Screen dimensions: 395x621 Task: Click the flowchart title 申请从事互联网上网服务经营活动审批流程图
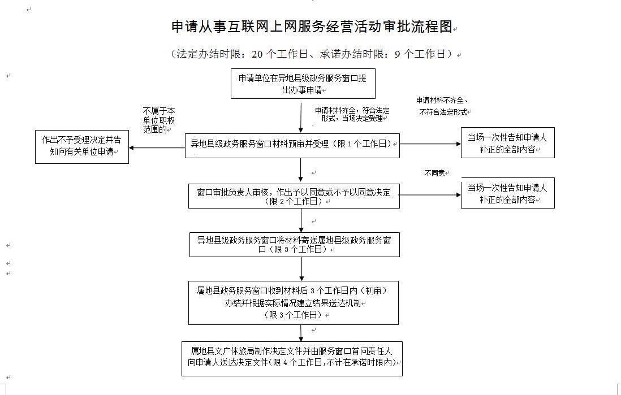[313, 27]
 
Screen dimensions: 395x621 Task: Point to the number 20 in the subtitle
[257, 54]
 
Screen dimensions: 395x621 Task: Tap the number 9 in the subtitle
[397, 54]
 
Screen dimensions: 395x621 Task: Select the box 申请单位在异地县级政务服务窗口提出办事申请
[302, 84]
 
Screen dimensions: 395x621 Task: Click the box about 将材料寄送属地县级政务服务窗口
[294, 244]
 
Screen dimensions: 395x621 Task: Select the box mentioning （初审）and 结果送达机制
[294, 302]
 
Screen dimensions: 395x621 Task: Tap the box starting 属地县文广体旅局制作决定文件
[292, 358]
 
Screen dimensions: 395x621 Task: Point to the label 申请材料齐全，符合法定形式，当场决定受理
[352, 114]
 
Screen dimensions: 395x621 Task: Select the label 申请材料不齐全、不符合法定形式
[444, 106]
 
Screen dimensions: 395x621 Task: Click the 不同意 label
[434, 173]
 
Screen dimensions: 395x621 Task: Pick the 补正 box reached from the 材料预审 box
[507, 143]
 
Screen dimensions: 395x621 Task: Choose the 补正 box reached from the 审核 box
[507, 193]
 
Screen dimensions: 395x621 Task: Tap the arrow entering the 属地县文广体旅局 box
[301, 333]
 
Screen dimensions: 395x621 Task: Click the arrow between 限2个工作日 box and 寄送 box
[301, 220]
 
